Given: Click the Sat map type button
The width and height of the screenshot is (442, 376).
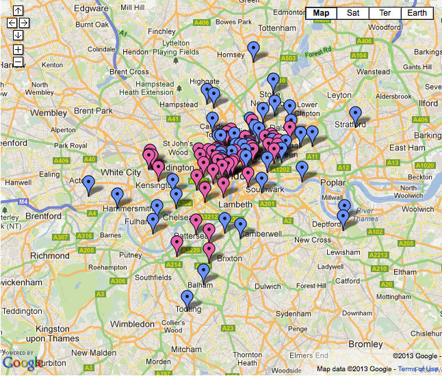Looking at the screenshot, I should click(352, 13).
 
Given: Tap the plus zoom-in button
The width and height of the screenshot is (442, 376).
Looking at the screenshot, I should click(18, 50).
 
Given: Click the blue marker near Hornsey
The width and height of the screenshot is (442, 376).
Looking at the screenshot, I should click(254, 49).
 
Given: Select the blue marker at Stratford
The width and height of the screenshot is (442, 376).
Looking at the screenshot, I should click(355, 114).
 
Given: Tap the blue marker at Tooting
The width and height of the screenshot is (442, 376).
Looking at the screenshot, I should click(187, 298).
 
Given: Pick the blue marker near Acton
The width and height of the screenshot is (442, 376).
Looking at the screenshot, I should click(88, 183).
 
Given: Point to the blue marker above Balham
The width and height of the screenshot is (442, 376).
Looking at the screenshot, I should click(203, 272).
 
